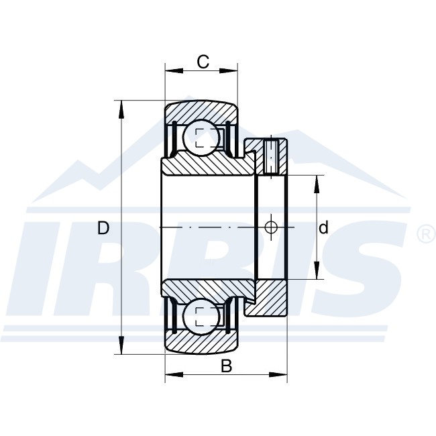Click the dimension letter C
click(x=203, y=62)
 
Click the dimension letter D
click(x=103, y=228)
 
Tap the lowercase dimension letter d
click(x=323, y=227)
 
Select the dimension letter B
click(x=226, y=366)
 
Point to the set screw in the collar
click(x=272, y=158)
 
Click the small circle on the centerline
click(x=271, y=227)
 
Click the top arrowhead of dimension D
click(x=121, y=110)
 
